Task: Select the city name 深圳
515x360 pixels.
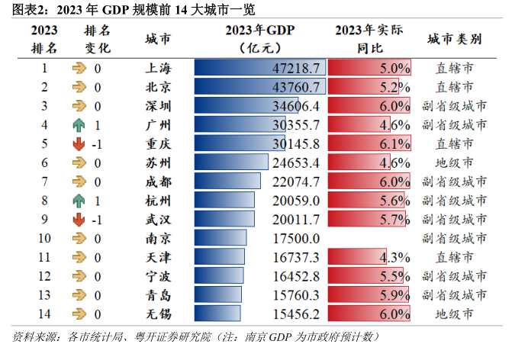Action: (158, 106)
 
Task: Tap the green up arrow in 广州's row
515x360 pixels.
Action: (79, 124)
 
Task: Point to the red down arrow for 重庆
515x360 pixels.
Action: (79, 143)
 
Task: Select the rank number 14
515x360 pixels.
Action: (44, 313)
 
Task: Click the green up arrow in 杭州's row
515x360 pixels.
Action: (79, 200)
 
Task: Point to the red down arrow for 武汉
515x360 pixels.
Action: (79, 219)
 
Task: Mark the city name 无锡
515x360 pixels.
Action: (158, 313)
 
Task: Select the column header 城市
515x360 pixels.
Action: (158, 40)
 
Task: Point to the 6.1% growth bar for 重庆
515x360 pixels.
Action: (371, 143)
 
